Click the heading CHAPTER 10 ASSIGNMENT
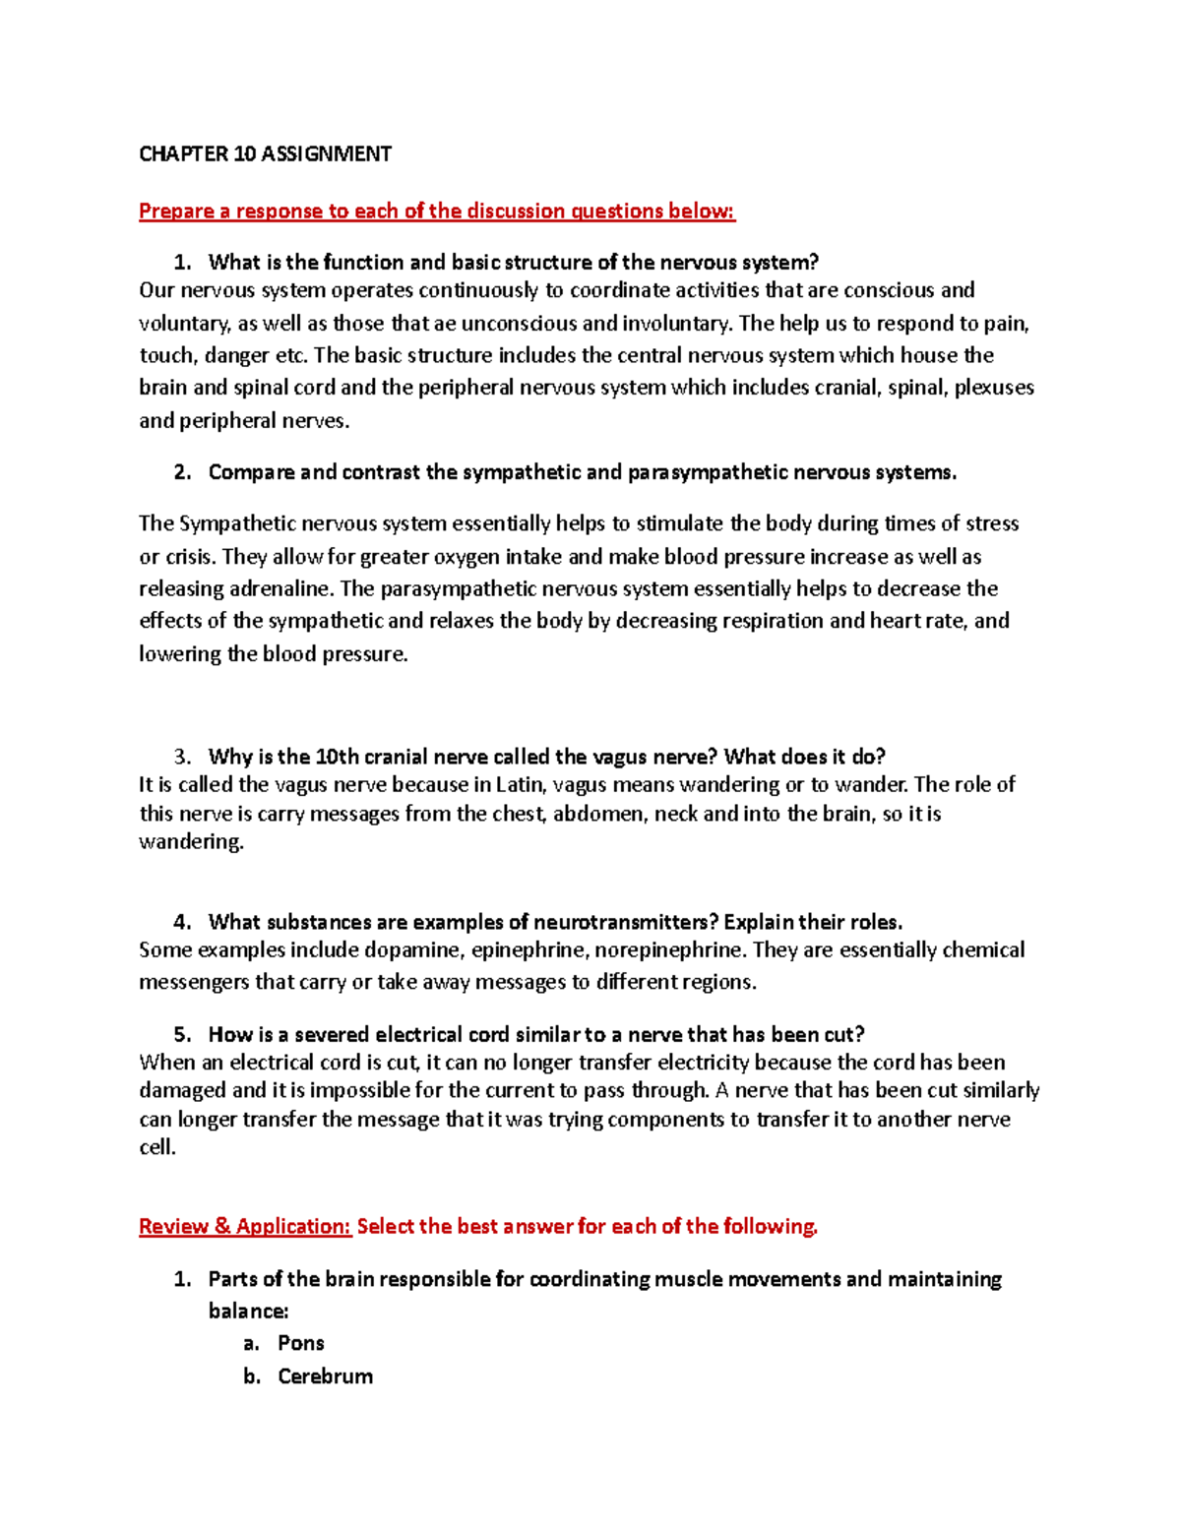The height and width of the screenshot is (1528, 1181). point(265,153)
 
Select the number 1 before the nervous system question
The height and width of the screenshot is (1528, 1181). point(180,263)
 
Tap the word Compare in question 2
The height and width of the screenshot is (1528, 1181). point(251,472)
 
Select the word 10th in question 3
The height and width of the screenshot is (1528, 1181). point(338,757)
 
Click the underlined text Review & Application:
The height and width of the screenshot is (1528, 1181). point(245,1227)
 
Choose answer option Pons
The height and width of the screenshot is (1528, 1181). point(301,1344)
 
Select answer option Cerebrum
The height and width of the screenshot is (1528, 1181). point(325,1377)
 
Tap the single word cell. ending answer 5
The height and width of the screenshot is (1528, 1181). point(157,1148)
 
